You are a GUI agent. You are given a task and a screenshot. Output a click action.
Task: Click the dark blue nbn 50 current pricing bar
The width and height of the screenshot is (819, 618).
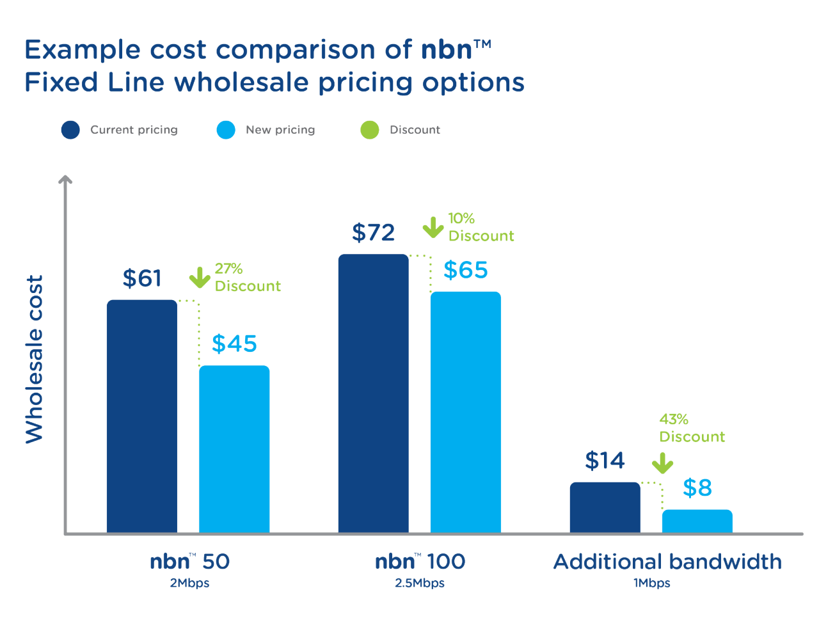pyautogui.click(x=141, y=416)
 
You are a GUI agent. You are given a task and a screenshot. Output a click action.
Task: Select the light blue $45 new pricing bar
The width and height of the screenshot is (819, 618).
pyautogui.click(x=234, y=448)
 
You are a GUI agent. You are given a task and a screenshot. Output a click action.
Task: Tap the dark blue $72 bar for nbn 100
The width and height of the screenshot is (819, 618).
pyautogui.click(x=373, y=393)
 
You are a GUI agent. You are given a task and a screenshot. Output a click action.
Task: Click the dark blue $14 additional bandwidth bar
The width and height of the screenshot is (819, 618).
pyautogui.click(x=605, y=507)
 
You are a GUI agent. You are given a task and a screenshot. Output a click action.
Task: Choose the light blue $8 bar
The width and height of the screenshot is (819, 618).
pyautogui.click(x=697, y=521)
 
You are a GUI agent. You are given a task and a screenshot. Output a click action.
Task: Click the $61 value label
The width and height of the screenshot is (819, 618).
pyautogui.click(x=142, y=278)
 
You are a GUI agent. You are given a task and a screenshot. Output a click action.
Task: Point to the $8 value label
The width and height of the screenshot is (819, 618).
pyautogui.click(x=697, y=487)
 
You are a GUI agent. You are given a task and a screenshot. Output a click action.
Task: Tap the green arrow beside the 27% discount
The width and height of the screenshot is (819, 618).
pyautogui.click(x=200, y=278)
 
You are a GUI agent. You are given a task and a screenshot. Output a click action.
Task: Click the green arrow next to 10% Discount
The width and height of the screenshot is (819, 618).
pyautogui.click(x=433, y=227)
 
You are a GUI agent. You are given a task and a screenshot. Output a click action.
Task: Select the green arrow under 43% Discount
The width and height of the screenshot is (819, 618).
pyautogui.click(x=663, y=463)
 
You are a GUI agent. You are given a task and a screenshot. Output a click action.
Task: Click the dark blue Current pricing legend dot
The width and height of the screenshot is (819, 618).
pyautogui.click(x=70, y=130)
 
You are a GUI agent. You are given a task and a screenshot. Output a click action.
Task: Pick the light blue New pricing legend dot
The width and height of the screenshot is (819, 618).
pyautogui.click(x=226, y=130)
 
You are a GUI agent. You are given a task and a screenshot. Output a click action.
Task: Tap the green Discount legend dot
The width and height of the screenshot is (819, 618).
pyautogui.click(x=370, y=130)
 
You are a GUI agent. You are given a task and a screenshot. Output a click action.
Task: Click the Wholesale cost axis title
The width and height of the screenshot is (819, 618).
pyautogui.click(x=34, y=359)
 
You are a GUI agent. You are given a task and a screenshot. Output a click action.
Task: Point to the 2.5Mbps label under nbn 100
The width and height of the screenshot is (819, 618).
pyautogui.click(x=419, y=583)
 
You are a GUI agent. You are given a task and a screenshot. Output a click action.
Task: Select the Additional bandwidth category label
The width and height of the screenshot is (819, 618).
pyautogui.click(x=667, y=562)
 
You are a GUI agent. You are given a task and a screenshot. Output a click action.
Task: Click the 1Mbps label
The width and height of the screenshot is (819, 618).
pyautogui.click(x=651, y=583)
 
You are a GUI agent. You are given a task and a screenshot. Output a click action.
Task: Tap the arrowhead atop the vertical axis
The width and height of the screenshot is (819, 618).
pyautogui.click(x=65, y=180)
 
